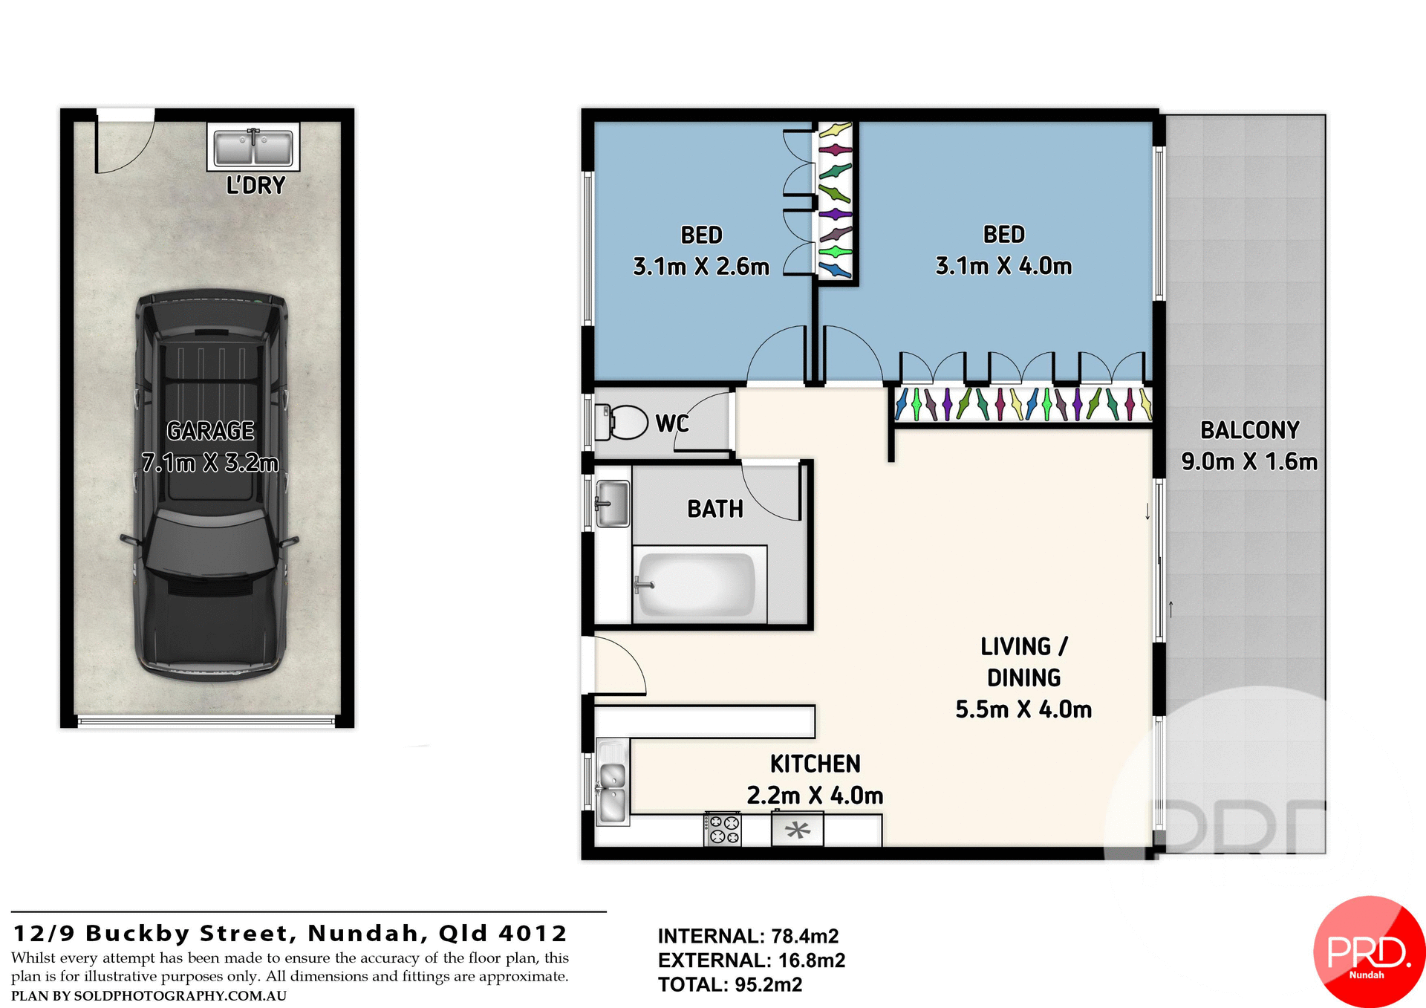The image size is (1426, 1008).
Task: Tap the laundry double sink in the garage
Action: tap(253, 147)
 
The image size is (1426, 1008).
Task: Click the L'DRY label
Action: tap(255, 185)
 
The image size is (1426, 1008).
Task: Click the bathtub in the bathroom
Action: tap(697, 585)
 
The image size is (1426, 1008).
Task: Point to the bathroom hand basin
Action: tap(613, 503)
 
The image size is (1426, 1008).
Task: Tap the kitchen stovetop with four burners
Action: tap(723, 830)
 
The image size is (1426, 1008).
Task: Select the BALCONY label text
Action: tap(1250, 430)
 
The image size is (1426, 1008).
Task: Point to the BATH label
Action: tap(714, 509)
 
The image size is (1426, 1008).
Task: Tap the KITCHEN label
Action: tap(815, 764)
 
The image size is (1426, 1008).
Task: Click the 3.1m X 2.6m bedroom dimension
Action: tap(700, 266)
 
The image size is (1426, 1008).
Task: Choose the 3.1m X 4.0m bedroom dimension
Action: tap(1003, 266)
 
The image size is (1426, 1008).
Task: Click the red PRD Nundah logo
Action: tap(1368, 952)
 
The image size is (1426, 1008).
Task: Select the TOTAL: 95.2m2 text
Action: tap(729, 985)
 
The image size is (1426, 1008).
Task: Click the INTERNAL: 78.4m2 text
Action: tap(748, 936)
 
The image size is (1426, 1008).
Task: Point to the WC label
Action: tap(671, 423)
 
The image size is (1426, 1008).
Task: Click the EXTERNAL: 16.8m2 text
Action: tap(751, 960)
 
